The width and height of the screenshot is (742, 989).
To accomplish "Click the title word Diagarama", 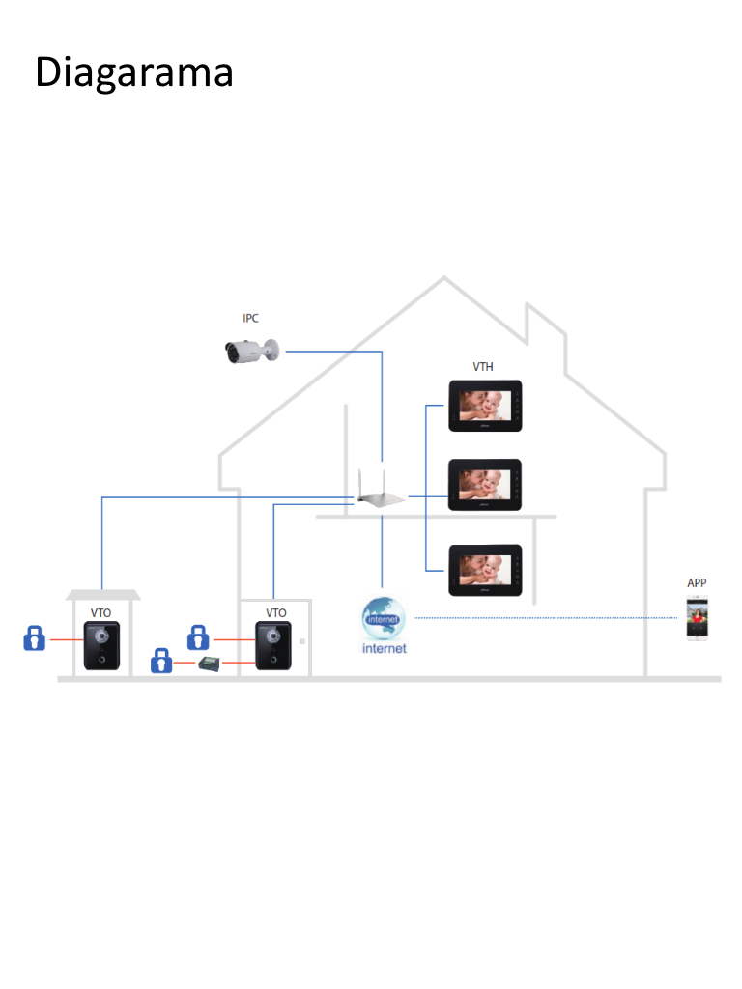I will (x=134, y=73).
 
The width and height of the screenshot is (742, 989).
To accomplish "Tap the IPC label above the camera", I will (x=250, y=318).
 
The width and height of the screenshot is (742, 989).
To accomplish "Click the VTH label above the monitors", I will (x=483, y=367).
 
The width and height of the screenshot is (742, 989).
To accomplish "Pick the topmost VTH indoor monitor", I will (x=485, y=406).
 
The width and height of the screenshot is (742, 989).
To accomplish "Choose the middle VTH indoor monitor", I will (x=485, y=485).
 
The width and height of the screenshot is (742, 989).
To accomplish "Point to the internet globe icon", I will (x=384, y=619).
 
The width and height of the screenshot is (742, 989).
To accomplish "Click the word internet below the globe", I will (x=384, y=649).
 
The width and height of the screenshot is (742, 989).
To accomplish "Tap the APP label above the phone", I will (x=697, y=583).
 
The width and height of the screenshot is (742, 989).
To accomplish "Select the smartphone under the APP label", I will (x=697, y=618).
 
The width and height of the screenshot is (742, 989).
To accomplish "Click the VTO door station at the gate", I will (x=101, y=645).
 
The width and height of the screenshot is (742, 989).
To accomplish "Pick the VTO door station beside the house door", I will (x=273, y=644).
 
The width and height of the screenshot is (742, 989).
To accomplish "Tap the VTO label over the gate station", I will (x=101, y=612).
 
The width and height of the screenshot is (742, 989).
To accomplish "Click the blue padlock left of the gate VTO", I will (x=35, y=638).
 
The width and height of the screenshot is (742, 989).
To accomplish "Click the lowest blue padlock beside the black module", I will (x=161, y=662).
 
